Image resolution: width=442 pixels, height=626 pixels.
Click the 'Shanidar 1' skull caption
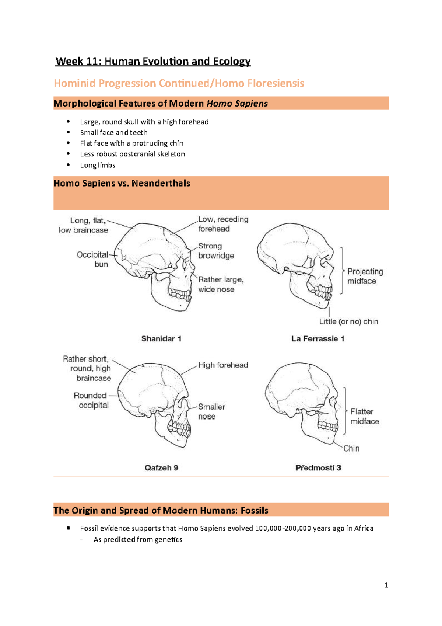click(161, 338)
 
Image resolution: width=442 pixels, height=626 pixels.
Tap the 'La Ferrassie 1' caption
click(318, 338)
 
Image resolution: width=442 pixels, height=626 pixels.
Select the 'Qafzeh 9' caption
click(161, 467)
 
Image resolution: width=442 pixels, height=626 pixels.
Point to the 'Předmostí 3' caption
click(318, 467)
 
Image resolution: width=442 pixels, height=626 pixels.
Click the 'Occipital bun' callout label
click(92, 259)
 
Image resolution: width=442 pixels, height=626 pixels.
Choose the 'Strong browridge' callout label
click(216, 251)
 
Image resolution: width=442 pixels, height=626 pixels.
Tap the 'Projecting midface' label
click(365, 276)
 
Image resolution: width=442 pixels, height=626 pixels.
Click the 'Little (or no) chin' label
click(348, 321)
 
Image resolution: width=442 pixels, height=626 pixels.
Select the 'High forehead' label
click(223, 365)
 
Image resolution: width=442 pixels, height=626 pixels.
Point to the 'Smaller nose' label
click(211, 411)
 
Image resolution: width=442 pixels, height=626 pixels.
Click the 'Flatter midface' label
click(364, 416)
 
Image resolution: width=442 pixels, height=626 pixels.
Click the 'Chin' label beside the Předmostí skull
click(351, 448)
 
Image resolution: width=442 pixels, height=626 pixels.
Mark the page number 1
click(386, 585)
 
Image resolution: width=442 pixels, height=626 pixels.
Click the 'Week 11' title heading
click(153, 61)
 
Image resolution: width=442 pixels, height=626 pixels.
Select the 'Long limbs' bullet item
click(98, 165)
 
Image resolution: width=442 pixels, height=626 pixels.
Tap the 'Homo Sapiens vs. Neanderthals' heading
click(122, 183)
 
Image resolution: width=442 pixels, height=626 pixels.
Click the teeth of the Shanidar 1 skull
click(180, 294)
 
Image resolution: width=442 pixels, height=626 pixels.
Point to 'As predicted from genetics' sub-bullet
click(138, 539)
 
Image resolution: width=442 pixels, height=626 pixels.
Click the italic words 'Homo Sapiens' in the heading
click(237, 104)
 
